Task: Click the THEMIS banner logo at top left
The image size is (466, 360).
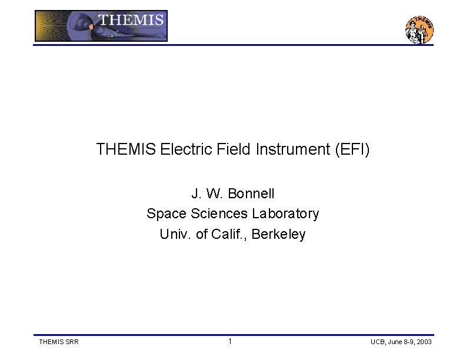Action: pos(101,26)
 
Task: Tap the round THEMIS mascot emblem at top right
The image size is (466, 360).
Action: pos(420,29)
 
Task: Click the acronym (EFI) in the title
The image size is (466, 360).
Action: pos(352,150)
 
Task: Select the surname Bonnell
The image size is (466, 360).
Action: pos(251,194)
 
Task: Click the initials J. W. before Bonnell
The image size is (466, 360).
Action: pos(207,194)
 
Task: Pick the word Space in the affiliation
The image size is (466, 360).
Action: pos(164,214)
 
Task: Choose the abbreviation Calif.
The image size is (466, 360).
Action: pos(230,234)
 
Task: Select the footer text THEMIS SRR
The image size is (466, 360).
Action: pos(58,342)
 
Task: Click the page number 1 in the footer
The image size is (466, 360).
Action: pos(230,342)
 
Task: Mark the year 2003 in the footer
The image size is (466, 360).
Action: pos(423,342)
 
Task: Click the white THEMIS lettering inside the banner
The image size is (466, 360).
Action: pos(131,19)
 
